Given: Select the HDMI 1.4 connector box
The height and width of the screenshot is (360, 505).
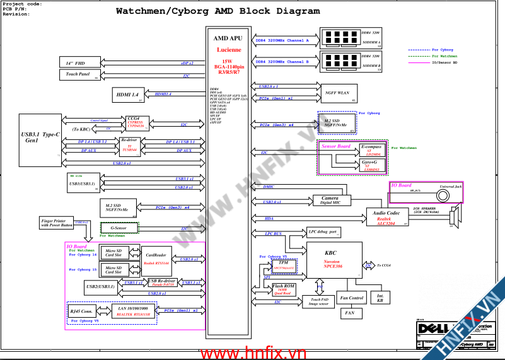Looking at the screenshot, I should pos(131,95).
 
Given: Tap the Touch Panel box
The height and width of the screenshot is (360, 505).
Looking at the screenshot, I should pos(79,75).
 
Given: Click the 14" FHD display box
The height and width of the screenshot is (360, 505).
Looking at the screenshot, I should pos(79,63).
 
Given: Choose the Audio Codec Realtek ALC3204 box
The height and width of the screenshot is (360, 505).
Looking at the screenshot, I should pos(385,217).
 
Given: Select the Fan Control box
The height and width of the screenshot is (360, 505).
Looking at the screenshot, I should pos(351,298).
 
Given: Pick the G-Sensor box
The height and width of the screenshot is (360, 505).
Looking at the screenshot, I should pos(119,228).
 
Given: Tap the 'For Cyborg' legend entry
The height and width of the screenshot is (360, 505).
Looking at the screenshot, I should pos(442,49).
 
